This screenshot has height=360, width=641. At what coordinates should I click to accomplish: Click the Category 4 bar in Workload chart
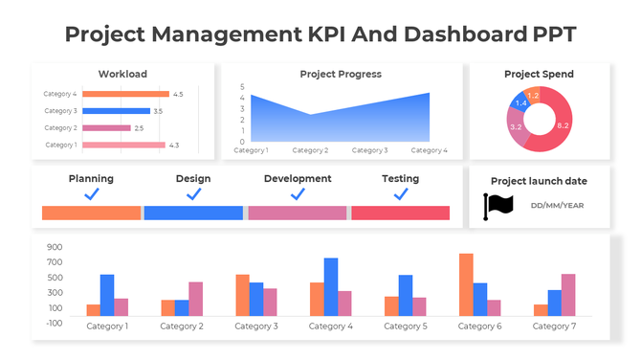pyautogui.click(x=125, y=94)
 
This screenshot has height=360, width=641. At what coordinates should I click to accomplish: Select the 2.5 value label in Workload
pyautogui.click(x=139, y=128)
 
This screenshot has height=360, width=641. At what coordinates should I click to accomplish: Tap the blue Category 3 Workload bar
pyautogui.click(x=116, y=111)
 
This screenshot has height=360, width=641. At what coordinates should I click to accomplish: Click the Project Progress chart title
pyautogui.click(x=341, y=74)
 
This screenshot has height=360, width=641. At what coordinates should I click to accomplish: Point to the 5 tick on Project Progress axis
pyautogui.click(x=242, y=87)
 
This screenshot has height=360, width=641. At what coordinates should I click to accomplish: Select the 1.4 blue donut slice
pyautogui.click(x=520, y=103)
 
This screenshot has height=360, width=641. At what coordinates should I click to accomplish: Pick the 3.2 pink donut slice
pyautogui.click(x=517, y=128)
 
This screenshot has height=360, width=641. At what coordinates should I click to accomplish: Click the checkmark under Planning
pyautogui.click(x=92, y=194)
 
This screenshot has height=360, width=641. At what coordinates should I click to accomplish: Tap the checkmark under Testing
pyautogui.click(x=400, y=194)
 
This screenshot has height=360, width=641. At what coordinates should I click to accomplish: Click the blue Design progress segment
pyautogui.click(x=193, y=213)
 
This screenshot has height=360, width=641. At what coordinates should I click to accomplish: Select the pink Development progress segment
pyautogui.click(x=297, y=213)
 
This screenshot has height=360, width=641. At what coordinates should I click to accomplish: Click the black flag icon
pyautogui.click(x=498, y=205)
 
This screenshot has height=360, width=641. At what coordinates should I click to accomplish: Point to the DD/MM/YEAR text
pyautogui.click(x=557, y=205)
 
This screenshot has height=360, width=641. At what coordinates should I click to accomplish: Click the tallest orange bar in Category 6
pyautogui.click(x=466, y=284)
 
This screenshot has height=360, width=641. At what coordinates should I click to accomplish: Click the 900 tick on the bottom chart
pyautogui.click(x=55, y=246)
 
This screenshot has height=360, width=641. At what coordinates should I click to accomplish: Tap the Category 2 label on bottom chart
pyautogui.click(x=181, y=326)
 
